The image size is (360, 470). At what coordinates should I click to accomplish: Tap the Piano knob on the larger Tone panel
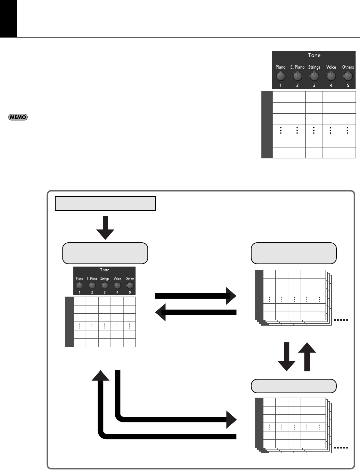[x=280, y=76]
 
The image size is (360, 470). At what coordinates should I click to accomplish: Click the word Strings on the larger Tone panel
[x=314, y=67]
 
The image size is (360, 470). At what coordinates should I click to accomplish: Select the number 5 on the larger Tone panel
[x=348, y=85]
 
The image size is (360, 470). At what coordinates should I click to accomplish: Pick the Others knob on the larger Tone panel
[x=348, y=76]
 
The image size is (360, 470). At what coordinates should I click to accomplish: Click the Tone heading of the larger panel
[x=314, y=55]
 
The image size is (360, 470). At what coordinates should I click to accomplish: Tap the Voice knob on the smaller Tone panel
[x=117, y=285]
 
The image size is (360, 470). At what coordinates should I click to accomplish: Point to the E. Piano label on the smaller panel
[x=92, y=279]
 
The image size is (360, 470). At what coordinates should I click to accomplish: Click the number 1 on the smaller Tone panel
[x=80, y=292]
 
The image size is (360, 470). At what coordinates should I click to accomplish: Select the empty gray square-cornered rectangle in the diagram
[x=105, y=203]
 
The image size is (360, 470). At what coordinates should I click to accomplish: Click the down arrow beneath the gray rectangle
[x=105, y=228]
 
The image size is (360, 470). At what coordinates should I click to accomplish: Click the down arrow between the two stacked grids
[x=287, y=357]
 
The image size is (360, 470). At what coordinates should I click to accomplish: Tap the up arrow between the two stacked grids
[x=307, y=357]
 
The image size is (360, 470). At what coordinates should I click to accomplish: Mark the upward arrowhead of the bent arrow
[x=101, y=375]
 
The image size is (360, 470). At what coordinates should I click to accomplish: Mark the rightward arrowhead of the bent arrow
[x=231, y=419]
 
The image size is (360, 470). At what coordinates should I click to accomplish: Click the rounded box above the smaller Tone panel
[x=105, y=253]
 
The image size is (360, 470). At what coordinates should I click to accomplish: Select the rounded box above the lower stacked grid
[x=294, y=386]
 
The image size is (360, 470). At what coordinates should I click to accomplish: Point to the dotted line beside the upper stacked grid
[x=341, y=320]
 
